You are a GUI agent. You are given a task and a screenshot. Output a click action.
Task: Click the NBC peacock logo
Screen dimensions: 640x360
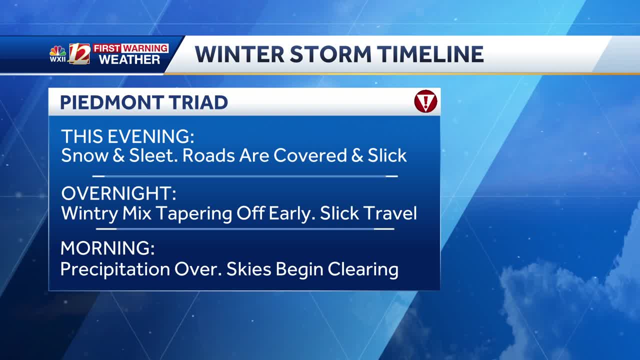pyautogui.click(x=57, y=51)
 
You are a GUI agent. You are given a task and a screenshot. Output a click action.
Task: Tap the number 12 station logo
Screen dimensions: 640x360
pyautogui.click(x=79, y=53)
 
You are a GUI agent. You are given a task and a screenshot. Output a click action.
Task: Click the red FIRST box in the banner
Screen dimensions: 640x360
pyautogui.click(x=107, y=48)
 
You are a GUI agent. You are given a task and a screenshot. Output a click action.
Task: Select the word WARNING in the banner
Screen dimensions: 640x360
pyautogui.click(x=145, y=48)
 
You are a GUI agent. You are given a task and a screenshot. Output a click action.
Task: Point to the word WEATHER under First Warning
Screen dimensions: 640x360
pyautogui.click(x=129, y=59)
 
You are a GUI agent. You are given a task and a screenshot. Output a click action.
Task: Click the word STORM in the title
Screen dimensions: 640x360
pyautogui.click(x=330, y=54)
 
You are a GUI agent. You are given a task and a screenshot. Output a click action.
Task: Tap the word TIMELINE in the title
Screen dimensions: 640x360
pyautogui.click(x=430, y=54)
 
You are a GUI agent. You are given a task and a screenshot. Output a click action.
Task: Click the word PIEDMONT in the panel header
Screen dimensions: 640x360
pyautogui.click(x=111, y=102)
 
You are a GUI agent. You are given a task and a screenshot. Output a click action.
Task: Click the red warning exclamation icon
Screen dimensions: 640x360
pyautogui.click(x=425, y=101)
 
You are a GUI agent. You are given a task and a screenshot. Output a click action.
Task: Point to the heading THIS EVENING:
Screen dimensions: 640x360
pyautogui.click(x=127, y=136)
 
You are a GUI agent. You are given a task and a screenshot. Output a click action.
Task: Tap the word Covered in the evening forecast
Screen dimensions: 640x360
pyautogui.click(x=310, y=155)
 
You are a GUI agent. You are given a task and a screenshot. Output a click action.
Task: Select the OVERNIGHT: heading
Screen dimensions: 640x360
pyautogui.click(x=118, y=193)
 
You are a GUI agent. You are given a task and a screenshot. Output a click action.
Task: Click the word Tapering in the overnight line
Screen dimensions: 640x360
pyautogui.click(x=194, y=214)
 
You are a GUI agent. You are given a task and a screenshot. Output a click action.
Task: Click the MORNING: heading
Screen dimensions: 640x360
pyautogui.click(x=107, y=248)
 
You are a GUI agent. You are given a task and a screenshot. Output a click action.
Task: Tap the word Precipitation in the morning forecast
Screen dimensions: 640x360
pyautogui.click(x=115, y=269)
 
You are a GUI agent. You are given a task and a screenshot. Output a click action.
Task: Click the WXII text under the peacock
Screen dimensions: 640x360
pyautogui.click(x=57, y=59)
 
